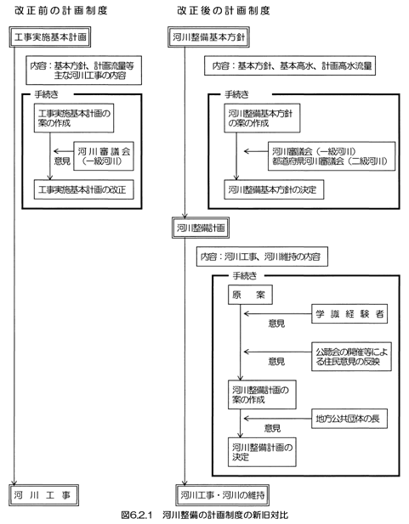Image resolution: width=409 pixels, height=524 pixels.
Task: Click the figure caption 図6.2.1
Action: [x=204, y=515]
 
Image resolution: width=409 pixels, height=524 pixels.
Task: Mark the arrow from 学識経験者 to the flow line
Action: [x=276, y=313]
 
